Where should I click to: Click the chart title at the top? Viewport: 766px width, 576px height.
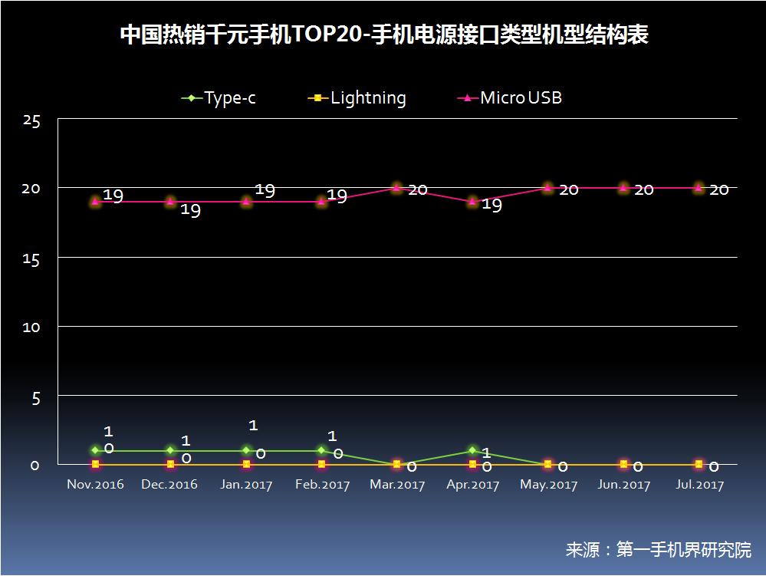pyautogui.click(x=383, y=36)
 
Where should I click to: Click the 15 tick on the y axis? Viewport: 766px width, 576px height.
pyautogui.click(x=31, y=258)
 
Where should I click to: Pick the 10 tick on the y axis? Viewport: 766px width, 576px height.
pyautogui.click(x=31, y=327)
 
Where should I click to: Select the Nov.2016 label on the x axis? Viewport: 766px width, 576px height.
pyautogui.click(x=95, y=485)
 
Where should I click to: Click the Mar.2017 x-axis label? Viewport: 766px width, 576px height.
pyautogui.click(x=397, y=485)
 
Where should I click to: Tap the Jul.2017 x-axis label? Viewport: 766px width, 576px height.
pyautogui.click(x=699, y=485)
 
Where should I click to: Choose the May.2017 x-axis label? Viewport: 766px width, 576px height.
pyautogui.click(x=548, y=485)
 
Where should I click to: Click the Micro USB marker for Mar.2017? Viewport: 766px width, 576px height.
pyautogui.click(x=396, y=188)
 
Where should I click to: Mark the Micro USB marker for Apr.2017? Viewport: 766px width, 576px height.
pyautogui.click(x=472, y=202)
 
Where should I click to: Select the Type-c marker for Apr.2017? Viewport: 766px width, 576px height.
pyautogui.click(x=472, y=451)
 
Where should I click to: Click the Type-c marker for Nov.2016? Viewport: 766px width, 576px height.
pyautogui.click(x=95, y=451)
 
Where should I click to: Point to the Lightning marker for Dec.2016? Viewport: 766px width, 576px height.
pyautogui.click(x=170, y=465)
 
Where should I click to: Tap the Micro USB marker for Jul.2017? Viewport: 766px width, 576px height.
pyautogui.click(x=699, y=188)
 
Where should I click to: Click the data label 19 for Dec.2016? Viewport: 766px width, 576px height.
pyautogui.click(x=190, y=210)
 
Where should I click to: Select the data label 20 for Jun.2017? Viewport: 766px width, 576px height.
pyautogui.click(x=643, y=189)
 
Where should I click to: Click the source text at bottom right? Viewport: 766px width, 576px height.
pyautogui.click(x=658, y=549)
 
